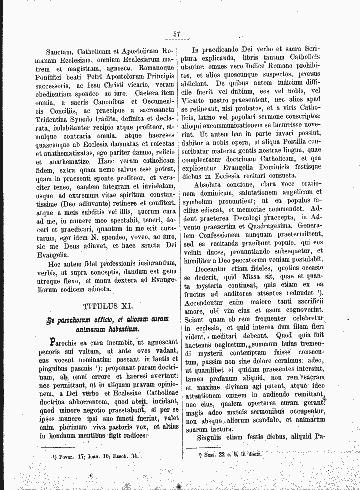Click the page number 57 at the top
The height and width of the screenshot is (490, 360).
(176, 34)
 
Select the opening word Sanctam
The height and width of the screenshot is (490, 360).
(60, 51)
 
